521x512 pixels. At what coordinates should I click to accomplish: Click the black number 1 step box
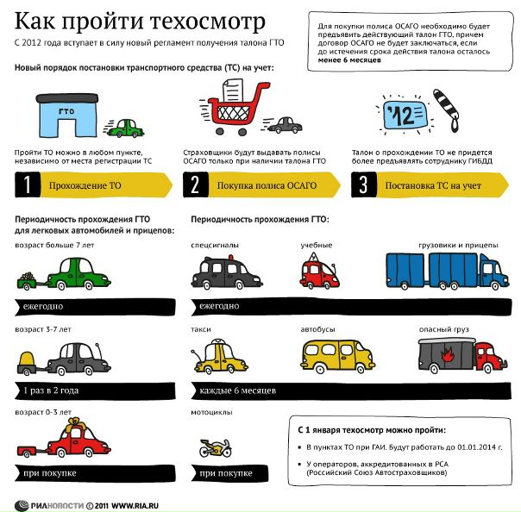pyautogui.click(x=29, y=185)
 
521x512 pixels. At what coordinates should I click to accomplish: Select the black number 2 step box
pyautogui.click(x=196, y=185)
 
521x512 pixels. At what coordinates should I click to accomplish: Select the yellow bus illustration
pyautogui.click(x=339, y=358)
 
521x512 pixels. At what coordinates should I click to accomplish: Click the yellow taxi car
pyautogui.click(x=223, y=358)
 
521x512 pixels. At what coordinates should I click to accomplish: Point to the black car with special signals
pyautogui.click(x=226, y=272)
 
